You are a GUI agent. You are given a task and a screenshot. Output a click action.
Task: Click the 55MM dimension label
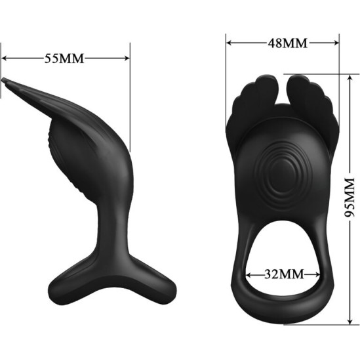point(64,58)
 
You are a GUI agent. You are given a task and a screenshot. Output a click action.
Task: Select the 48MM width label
point(287,43)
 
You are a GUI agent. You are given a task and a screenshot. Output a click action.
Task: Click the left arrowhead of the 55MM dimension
point(5,58)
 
